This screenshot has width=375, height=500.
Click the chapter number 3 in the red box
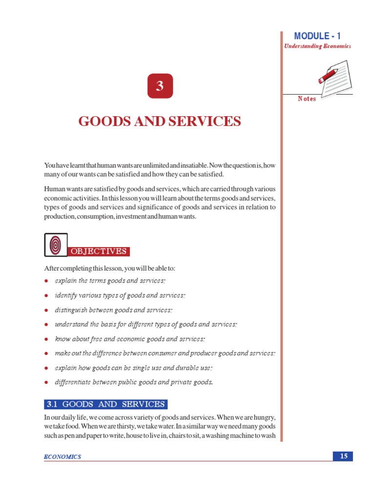pyautogui.click(x=159, y=87)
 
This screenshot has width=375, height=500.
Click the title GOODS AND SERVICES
pyautogui.click(x=160, y=121)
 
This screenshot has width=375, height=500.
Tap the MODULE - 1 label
pyautogui.click(x=317, y=36)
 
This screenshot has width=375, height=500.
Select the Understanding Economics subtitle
pyautogui.click(x=317, y=46)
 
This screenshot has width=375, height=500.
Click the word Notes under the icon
pyautogui.click(x=307, y=99)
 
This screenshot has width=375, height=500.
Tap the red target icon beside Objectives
pyautogui.click(x=56, y=245)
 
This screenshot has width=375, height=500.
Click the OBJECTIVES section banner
pyautogui.click(x=99, y=251)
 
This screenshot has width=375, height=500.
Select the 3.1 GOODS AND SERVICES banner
pyautogui.click(x=105, y=404)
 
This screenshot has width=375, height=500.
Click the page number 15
pyautogui.click(x=344, y=456)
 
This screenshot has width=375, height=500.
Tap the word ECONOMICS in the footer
pyautogui.click(x=62, y=457)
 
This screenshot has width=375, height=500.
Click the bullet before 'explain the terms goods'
pyautogui.click(x=46, y=281)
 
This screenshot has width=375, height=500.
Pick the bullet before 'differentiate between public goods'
pyautogui.click(x=46, y=382)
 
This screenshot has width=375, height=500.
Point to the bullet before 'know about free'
pyautogui.click(x=46, y=339)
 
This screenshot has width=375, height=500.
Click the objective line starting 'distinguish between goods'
pyautogui.click(x=114, y=310)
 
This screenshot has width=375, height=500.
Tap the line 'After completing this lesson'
pyautogui.click(x=109, y=269)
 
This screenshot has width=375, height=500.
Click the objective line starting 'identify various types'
pyautogui.click(x=120, y=295)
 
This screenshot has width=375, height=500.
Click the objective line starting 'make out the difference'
pyautogui.click(x=165, y=353)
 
